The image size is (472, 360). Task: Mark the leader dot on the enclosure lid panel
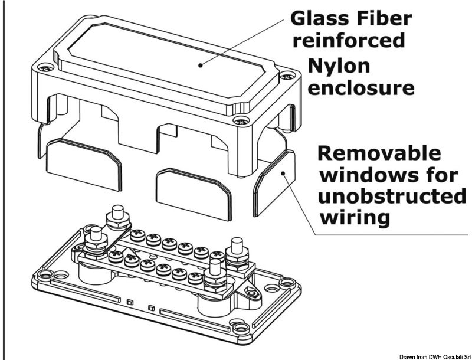(201, 65)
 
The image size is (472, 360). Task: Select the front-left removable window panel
(84, 163)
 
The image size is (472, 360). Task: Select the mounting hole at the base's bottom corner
(238, 324)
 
